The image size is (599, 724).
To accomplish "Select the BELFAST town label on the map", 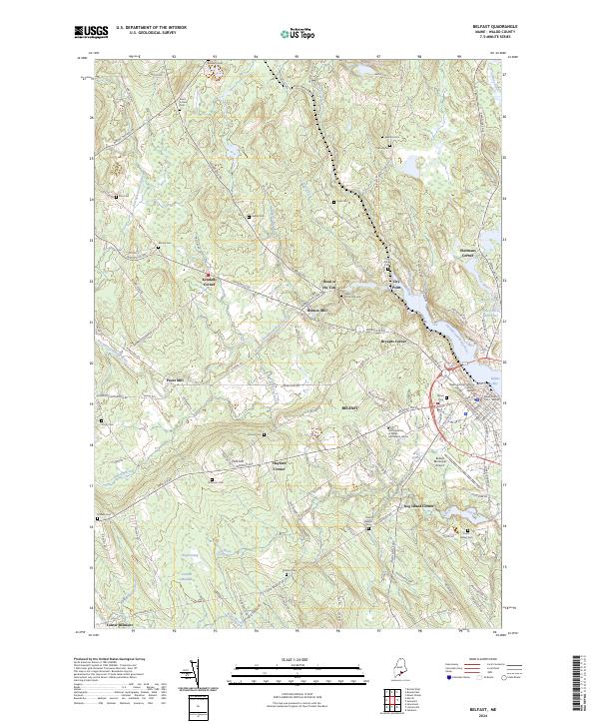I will tap(349, 410).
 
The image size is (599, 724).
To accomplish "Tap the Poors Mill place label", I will tap(176, 379).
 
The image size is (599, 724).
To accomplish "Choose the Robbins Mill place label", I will tap(316, 310).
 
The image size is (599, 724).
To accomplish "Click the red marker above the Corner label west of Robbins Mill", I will tap(208, 276).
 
